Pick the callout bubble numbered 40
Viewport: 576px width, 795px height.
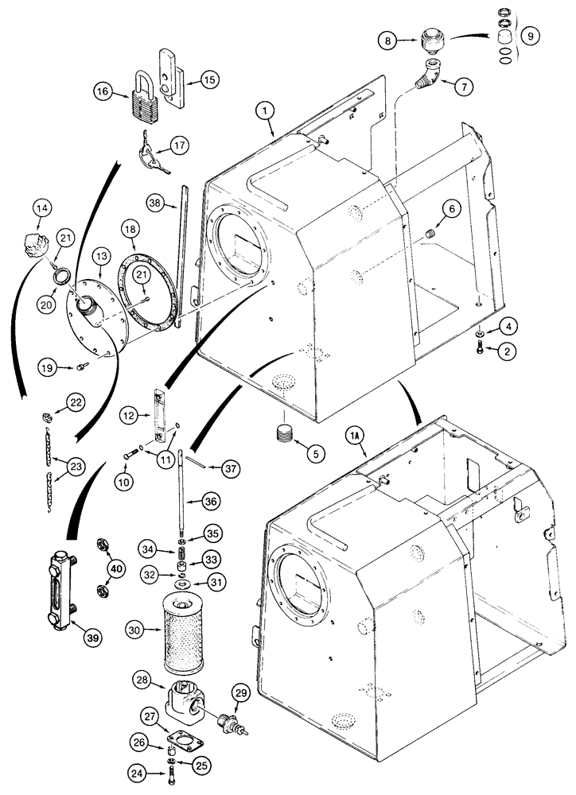pyautogui.click(x=117, y=568)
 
